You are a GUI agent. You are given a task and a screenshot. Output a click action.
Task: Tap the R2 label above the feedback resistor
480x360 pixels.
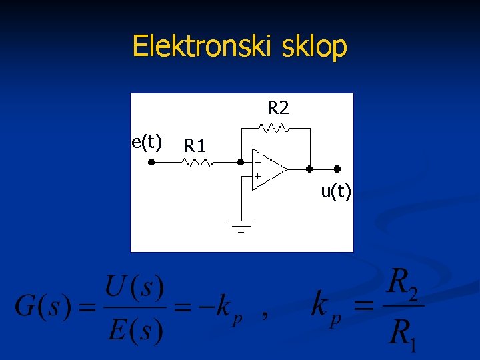click(278, 107)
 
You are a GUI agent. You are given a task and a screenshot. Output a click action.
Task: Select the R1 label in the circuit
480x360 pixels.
click(195, 145)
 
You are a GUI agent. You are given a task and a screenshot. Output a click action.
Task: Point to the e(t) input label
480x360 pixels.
click(147, 141)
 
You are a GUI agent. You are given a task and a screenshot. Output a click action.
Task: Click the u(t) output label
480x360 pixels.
click(336, 192)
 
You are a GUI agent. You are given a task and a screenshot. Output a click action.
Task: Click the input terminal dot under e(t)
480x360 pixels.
click(151, 162)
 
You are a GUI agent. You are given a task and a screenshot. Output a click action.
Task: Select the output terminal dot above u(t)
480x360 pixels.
click(337, 169)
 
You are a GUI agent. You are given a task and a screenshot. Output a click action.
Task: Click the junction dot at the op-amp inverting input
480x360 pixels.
click(240, 162)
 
